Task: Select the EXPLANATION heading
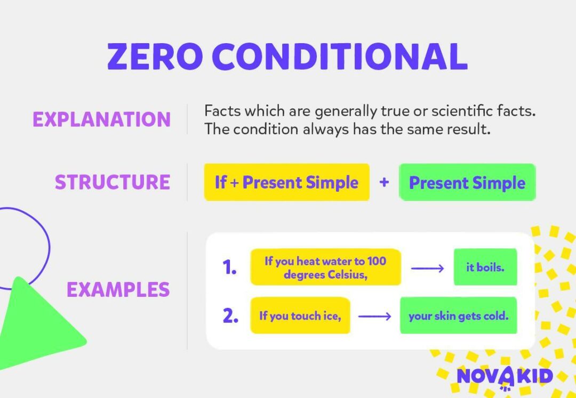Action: (101, 119)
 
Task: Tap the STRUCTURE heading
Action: (112, 182)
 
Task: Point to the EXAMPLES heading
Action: (118, 290)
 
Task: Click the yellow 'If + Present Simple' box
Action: (286, 182)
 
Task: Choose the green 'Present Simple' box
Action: (467, 182)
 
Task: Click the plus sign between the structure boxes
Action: (384, 182)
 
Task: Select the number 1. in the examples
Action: (229, 267)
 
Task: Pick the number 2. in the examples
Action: (230, 316)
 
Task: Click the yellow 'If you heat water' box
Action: (325, 267)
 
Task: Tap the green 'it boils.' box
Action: (485, 267)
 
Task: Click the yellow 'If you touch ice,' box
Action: (300, 316)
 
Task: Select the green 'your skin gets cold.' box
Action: (458, 316)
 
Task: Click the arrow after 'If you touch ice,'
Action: (375, 316)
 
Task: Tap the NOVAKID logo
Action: (504, 376)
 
